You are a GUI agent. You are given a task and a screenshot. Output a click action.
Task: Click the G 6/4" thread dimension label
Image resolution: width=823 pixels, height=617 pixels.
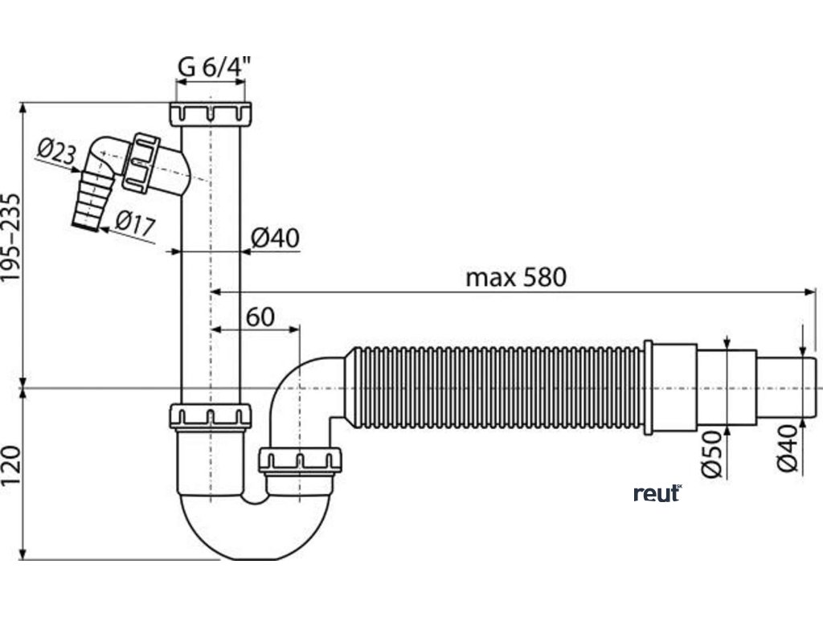[x=212, y=68]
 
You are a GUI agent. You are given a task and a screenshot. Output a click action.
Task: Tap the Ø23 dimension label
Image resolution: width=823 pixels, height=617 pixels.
[x=59, y=153]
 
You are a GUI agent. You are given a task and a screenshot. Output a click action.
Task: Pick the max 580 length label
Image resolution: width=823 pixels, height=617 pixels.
[x=516, y=278]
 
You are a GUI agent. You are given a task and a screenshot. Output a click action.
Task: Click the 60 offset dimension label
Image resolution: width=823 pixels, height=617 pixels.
[x=260, y=317]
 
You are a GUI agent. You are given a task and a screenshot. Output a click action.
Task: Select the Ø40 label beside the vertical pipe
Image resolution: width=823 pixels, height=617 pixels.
[x=275, y=238]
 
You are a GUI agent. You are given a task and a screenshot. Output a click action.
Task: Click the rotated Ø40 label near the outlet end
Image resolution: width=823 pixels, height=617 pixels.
[x=788, y=451]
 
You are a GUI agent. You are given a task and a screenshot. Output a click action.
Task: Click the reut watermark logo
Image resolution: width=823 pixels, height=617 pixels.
[x=657, y=492]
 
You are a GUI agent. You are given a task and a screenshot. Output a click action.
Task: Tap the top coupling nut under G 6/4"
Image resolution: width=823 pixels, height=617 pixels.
[x=211, y=113]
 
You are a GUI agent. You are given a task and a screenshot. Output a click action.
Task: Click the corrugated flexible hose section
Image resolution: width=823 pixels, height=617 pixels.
[x=494, y=389]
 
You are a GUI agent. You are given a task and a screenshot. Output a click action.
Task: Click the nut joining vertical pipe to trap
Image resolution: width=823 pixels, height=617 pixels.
[x=211, y=416]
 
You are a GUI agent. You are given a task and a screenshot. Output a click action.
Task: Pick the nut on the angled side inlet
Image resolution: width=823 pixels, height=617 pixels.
[x=141, y=162]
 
